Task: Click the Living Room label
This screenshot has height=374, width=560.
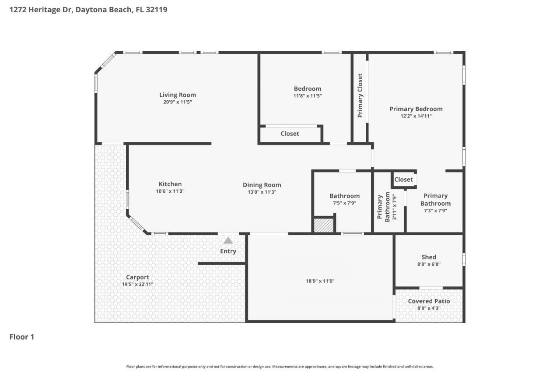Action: click(178, 95)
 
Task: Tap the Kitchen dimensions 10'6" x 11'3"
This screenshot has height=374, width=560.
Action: click(170, 191)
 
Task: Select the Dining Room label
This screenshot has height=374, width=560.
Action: click(262, 185)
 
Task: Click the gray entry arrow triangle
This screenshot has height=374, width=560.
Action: click(228, 240)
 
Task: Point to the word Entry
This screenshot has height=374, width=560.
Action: click(228, 251)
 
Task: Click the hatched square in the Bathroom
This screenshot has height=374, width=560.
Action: click(324, 225)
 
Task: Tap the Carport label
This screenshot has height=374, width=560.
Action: click(137, 277)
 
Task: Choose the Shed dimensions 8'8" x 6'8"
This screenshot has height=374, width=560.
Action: click(429, 264)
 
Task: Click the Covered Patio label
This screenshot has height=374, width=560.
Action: click(429, 301)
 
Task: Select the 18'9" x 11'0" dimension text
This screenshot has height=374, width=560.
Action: click(320, 281)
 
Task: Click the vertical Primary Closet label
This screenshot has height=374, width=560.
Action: click(360, 95)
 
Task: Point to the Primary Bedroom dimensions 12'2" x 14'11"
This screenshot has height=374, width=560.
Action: click(416, 116)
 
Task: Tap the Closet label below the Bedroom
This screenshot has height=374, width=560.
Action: click(290, 134)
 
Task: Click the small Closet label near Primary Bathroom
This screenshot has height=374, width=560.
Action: click(403, 180)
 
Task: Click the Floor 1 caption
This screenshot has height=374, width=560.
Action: click(22, 337)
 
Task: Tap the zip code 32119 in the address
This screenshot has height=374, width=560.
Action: click(157, 10)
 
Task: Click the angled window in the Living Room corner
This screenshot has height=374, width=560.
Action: click(106, 63)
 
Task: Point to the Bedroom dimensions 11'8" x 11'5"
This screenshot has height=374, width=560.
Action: click(308, 95)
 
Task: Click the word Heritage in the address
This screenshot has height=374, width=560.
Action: click(44, 10)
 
